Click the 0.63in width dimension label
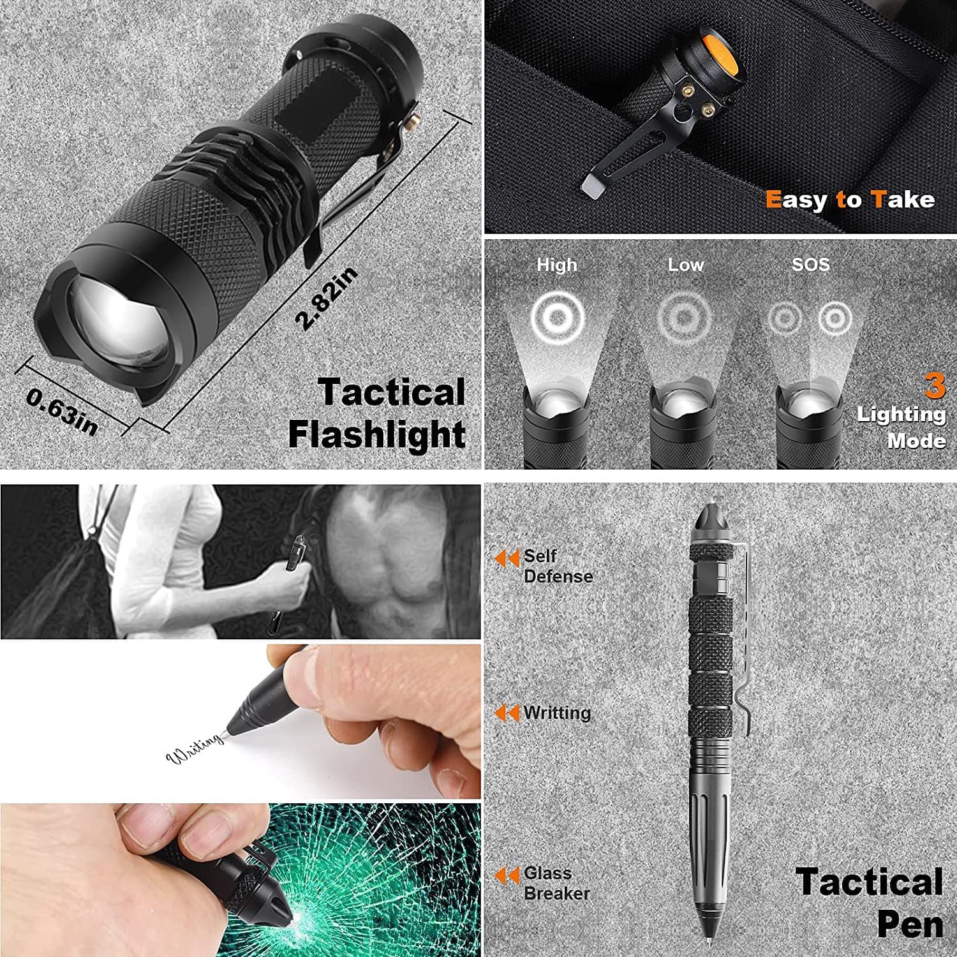(x=62, y=412)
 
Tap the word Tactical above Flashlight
(x=392, y=392)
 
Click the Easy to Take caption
(x=850, y=200)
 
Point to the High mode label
(x=556, y=265)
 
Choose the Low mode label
(x=685, y=265)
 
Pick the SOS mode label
(x=810, y=264)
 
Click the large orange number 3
(x=935, y=387)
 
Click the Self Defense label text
(x=558, y=566)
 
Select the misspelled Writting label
(x=557, y=713)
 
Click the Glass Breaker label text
(x=556, y=883)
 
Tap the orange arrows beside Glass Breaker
(x=507, y=876)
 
